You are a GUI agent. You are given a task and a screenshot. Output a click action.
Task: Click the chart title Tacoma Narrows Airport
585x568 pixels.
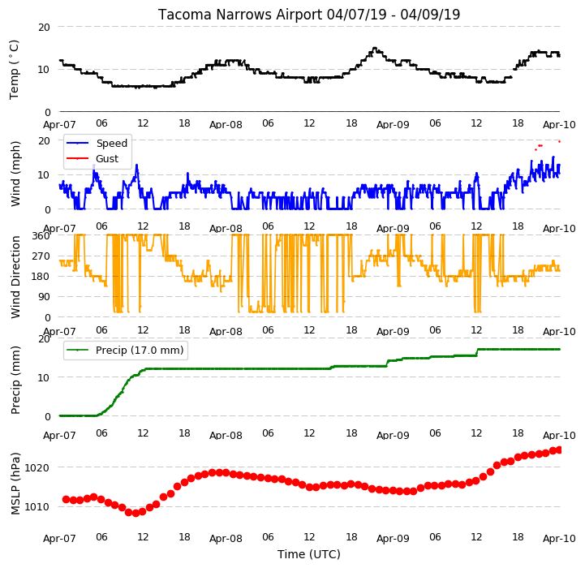coord(240,15)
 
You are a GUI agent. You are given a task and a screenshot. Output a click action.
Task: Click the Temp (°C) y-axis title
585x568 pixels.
coord(14,70)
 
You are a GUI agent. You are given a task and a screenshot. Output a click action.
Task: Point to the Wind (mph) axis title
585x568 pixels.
coord(15,174)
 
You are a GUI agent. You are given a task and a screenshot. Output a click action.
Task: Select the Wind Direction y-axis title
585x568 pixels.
coord(15,277)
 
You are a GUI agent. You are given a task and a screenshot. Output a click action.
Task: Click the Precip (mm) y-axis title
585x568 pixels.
coord(15,380)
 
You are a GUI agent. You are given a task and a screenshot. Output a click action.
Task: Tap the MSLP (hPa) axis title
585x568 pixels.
coord(15,484)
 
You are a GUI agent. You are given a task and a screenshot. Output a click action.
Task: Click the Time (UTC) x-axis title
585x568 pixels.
coord(309,554)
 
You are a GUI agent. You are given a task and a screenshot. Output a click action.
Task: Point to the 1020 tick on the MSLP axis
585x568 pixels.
coord(37,467)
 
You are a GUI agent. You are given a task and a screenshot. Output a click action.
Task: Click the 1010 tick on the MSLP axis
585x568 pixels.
coord(37,507)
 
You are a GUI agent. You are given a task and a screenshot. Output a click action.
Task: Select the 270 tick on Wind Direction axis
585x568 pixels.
coord(42,256)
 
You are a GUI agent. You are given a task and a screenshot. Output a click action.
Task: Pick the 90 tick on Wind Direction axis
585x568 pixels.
coord(45,297)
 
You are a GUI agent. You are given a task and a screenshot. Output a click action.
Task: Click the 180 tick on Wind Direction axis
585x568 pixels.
coord(42,277)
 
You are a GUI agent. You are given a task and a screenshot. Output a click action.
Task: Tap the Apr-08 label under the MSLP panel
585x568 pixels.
coord(226,539)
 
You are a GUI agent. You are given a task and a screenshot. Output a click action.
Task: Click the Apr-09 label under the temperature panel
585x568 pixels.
coord(393,125)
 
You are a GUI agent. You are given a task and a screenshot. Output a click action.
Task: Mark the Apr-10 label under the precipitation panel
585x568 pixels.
coord(559,436)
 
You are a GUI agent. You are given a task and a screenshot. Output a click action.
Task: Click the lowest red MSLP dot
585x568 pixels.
coord(135,513)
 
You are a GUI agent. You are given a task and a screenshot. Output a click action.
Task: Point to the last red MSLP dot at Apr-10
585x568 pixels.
coord(559,450)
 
